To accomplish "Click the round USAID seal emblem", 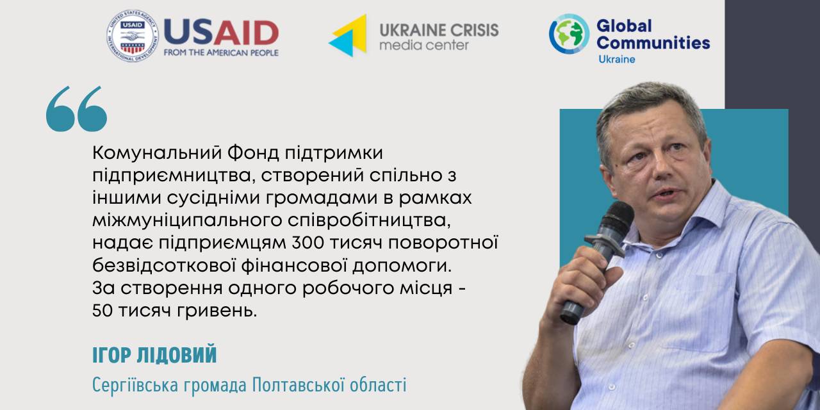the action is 133,35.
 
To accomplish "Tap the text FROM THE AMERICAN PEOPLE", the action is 221,53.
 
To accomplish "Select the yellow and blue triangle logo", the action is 348,35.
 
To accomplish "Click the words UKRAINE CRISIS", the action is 439,30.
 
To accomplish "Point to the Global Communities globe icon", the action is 569,34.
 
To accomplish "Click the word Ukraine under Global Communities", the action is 617,60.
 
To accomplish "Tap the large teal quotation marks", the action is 76,109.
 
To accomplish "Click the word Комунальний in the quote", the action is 157,153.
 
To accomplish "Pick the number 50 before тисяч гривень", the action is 102,311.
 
